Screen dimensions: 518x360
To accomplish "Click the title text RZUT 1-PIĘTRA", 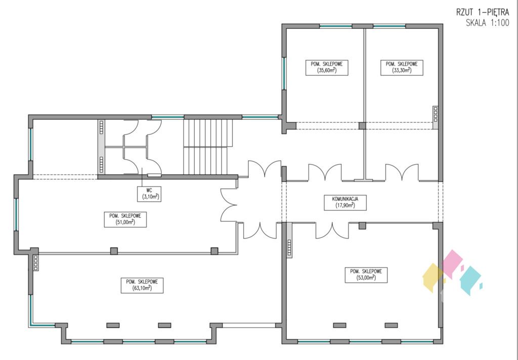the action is click(483, 13).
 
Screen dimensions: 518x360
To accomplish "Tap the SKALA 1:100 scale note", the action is click(487, 23).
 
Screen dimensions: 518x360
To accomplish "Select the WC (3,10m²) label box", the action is click(149, 194).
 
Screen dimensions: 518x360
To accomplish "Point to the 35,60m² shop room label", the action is click(327, 67).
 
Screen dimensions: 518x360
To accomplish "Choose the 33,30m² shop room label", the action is click(402, 67).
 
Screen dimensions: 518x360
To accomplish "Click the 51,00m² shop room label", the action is click(125, 219).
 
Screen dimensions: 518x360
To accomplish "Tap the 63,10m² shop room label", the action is click(142, 285).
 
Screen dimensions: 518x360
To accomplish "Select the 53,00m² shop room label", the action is click(366, 275).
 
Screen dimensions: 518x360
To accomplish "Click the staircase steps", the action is click(208, 147).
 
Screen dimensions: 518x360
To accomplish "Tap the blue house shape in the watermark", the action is click(470, 281).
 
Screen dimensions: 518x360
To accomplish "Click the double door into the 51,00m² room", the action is click(229, 205).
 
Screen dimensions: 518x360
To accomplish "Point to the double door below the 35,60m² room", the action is click(325, 172).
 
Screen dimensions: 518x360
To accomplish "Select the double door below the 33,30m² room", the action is click(402, 172).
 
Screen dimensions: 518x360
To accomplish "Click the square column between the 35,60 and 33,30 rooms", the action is click(362, 126).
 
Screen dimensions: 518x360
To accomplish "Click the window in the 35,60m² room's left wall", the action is click(284, 73).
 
